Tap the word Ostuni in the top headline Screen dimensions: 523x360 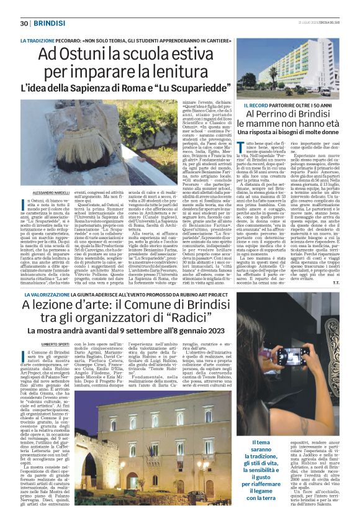82,54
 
